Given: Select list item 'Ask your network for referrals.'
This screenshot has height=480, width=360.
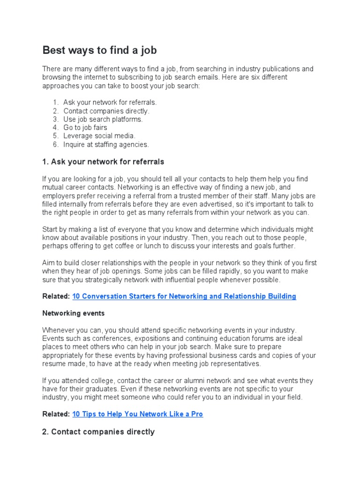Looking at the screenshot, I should click(x=110, y=102).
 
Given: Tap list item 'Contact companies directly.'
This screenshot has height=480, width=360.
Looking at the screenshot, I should click(x=106, y=111).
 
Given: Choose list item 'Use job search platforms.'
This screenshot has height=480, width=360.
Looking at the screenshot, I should click(x=103, y=119).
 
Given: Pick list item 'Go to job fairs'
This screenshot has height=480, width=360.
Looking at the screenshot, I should click(x=85, y=127).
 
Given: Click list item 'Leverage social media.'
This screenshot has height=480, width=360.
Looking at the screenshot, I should click(x=99, y=136).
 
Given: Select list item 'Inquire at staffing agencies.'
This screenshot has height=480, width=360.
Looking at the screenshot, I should click(x=106, y=144).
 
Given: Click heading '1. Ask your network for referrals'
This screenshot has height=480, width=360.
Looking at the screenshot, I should click(x=103, y=162).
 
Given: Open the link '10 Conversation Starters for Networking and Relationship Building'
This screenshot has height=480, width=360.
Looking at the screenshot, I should click(x=184, y=296).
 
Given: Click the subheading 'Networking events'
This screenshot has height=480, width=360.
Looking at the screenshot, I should click(x=74, y=313).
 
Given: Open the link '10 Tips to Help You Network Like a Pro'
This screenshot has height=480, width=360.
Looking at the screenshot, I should click(x=138, y=414).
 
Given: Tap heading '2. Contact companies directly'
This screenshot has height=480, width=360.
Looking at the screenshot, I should click(x=98, y=432).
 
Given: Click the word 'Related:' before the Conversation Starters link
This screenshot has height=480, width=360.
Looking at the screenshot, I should click(x=56, y=296).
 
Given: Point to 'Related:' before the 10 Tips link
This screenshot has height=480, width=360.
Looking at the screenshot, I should click(x=56, y=414).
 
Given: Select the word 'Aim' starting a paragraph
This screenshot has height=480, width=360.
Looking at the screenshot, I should click(x=49, y=262).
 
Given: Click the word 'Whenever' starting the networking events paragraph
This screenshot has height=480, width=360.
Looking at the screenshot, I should click(x=59, y=330).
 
